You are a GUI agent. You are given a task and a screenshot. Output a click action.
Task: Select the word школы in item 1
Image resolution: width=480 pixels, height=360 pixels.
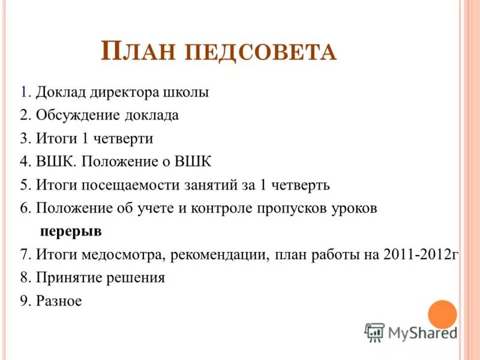[186, 93]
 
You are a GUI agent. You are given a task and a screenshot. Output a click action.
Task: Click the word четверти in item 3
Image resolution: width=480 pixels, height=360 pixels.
[125, 139]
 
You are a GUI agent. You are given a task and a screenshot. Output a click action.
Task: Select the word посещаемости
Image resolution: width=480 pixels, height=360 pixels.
[120, 185]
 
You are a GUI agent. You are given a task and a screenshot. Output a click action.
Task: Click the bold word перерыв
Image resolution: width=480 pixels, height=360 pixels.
[71, 231]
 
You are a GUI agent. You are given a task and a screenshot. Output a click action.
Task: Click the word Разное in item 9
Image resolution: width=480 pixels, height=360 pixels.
[58, 301]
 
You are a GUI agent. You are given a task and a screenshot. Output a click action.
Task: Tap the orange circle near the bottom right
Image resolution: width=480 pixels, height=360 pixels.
[443, 314]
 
